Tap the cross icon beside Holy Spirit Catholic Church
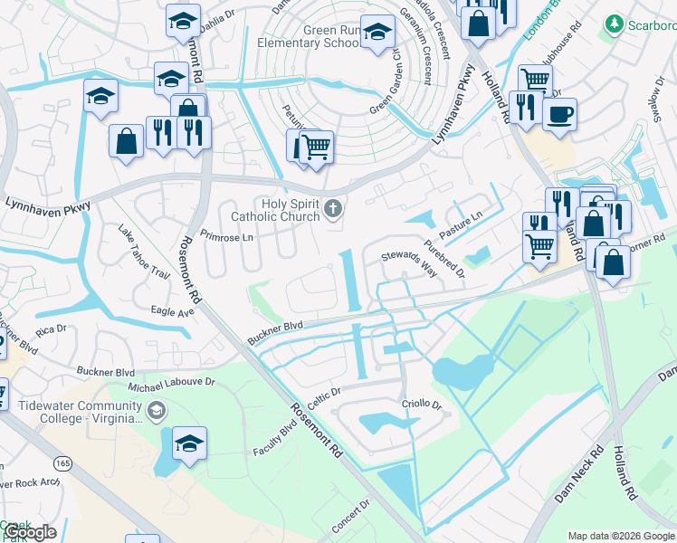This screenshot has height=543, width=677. tap(333, 211)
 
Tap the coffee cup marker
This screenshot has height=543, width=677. tap(559, 115)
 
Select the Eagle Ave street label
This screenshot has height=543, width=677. tap(173, 311)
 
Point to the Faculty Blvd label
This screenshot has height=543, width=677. tap(275, 438)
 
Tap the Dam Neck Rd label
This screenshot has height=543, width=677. tap(578, 474)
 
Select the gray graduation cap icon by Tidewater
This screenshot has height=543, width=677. tap(157, 412)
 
